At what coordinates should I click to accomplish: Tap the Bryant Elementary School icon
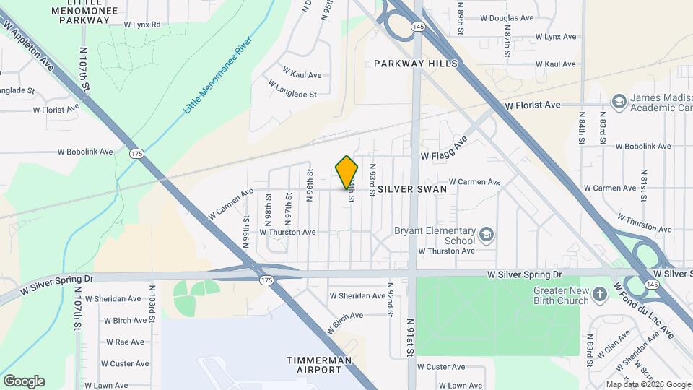click(x=487, y=234)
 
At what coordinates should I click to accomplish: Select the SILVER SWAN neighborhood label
click(x=412, y=188)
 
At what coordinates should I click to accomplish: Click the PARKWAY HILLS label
click(x=416, y=64)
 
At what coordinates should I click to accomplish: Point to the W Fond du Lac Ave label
click(x=644, y=311)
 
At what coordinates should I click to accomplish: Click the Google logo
click(x=24, y=381)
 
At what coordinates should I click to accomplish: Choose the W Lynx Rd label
click(x=142, y=25)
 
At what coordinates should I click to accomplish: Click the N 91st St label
click(x=409, y=337)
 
